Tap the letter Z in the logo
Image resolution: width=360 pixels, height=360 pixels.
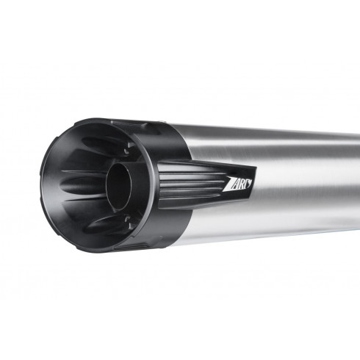[x=230, y=183]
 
